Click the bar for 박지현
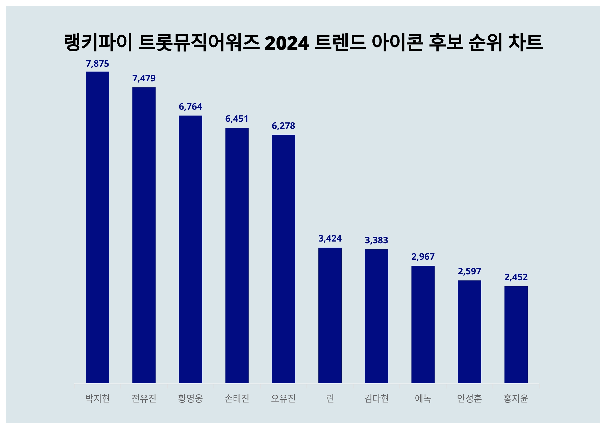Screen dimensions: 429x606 (97, 227)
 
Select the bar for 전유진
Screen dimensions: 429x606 (144, 235)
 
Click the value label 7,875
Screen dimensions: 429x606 (97, 64)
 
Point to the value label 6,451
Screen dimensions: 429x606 (237, 119)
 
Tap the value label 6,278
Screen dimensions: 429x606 (284, 126)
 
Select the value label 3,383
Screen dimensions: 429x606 (376, 240)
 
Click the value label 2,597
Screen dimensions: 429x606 (470, 271)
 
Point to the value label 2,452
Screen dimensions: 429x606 (516, 277)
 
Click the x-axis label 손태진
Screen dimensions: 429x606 (237, 398)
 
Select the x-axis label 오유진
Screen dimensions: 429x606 (284, 398)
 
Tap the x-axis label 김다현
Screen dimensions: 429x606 (376, 398)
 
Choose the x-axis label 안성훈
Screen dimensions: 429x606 (470, 398)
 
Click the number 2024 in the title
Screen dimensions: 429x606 (287, 43)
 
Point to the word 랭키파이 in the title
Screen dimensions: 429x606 (98, 42)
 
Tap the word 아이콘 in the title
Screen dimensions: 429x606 (397, 42)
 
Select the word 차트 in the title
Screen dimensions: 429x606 (525, 42)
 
